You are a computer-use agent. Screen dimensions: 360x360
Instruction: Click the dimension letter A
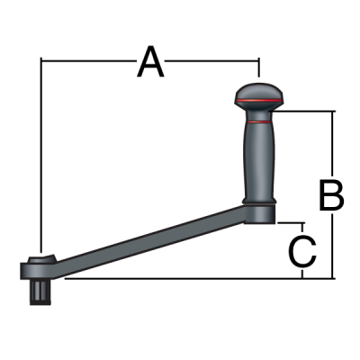pos(150,62)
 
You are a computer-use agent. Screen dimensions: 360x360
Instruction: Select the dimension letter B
pos(331,194)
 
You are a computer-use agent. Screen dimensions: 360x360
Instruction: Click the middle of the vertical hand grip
pos(260,157)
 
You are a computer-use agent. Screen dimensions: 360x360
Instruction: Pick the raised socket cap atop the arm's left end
pos(40,262)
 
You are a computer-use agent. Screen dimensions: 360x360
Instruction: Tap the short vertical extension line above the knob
pos(260,69)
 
